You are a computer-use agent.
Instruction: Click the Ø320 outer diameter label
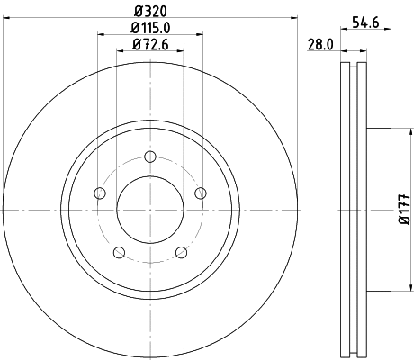tap(150, 12)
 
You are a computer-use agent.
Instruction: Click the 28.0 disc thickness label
tap(321, 43)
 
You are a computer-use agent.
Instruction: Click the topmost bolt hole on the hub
tap(150, 156)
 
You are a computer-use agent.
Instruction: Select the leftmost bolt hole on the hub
tap(100, 193)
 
